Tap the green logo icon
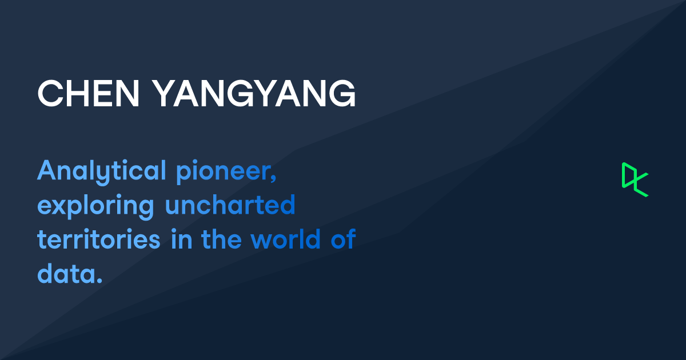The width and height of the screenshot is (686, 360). coord(635,179)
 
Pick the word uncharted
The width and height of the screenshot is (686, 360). coord(230,205)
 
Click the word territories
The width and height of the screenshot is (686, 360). coord(99,240)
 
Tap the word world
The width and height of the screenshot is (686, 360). coord(286,239)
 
